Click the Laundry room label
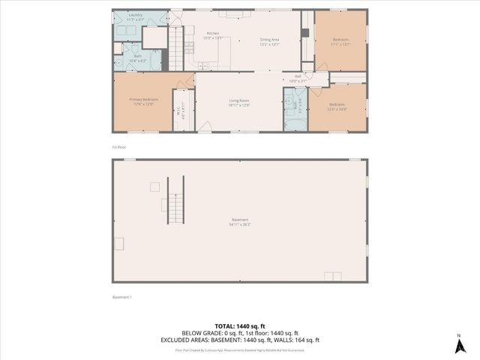pos(136,16)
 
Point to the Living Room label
pos(239,102)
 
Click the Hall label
pos(298,77)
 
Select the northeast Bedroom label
pos(341,42)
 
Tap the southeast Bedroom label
pos(337,107)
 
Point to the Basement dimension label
pos(240,223)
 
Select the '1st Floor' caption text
pos(119,147)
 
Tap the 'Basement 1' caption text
pos(121,297)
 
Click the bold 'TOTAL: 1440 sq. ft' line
pos(239,325)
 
